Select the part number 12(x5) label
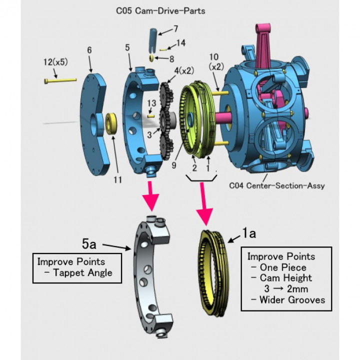[x=55, y=63]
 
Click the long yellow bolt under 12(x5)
[x=59, y=79]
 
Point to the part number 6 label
[x=89, y=51]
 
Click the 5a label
[x=89, y=244]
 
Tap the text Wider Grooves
[x=292, y=300]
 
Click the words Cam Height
[x=285, y=278]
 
